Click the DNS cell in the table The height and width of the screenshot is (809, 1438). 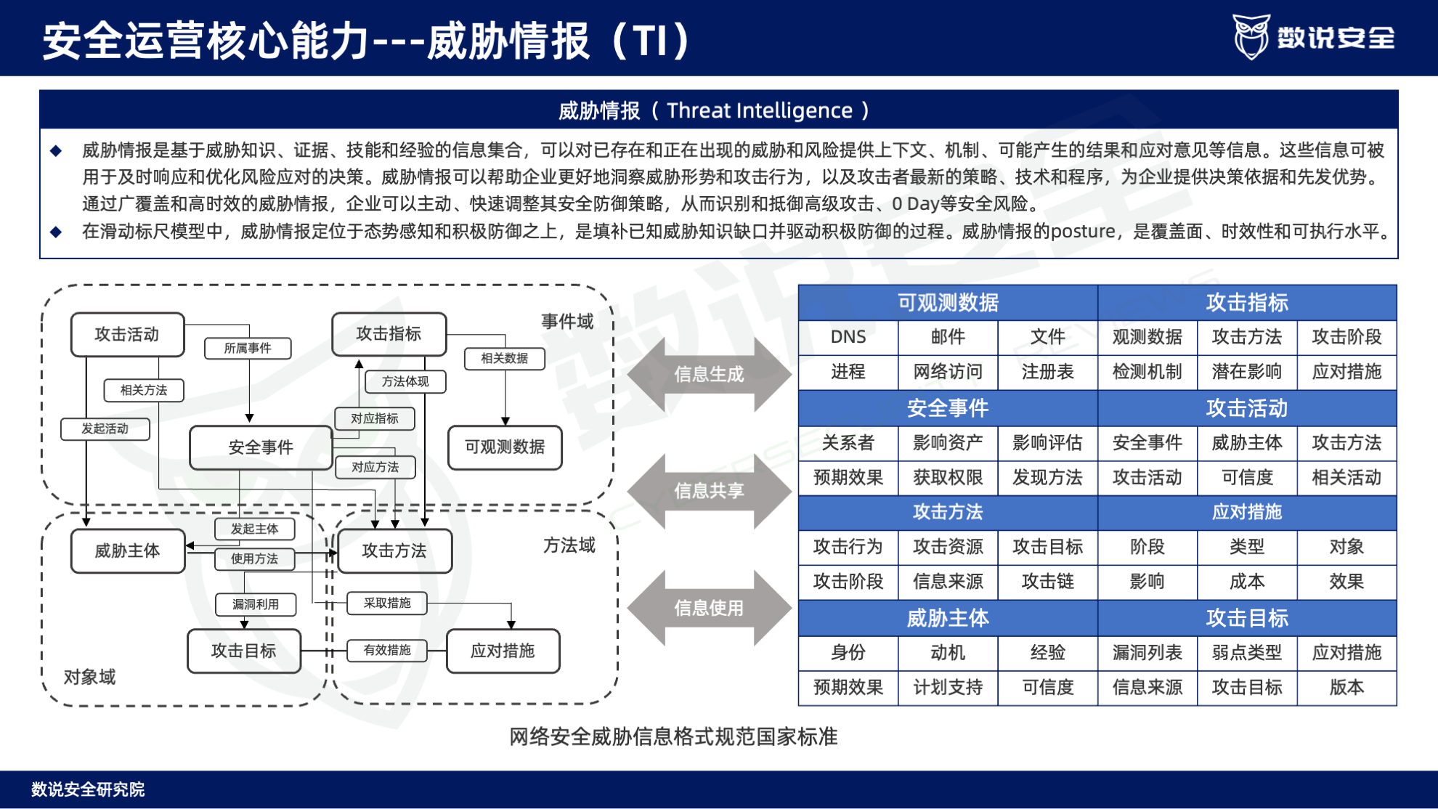[x=848, y=337]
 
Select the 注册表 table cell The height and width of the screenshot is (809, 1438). [x=1047, y=372]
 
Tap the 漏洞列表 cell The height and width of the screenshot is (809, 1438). [x=1147, y=652]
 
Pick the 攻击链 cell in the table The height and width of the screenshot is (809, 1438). [x=1047, y=581]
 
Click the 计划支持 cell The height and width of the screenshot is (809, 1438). [x=948, y=687]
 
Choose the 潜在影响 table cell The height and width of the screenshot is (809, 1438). [x=1246, y=372]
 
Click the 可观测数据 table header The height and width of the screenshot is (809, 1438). [x=948, y=302]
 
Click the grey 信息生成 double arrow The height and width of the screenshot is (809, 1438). [x=709, y=374]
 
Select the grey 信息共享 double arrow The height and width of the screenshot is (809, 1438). [x=709, y=491]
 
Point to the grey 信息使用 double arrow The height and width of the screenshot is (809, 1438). [x=709, y=608]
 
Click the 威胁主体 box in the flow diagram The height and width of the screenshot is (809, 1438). [x=128, y=551]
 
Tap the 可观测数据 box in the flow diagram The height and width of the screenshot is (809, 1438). [x=505, y=447]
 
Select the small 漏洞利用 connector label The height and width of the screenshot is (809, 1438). [x=256, y=604]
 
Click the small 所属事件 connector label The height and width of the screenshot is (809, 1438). [x=248, y=349]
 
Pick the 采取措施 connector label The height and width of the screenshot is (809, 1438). [x=387, y=603]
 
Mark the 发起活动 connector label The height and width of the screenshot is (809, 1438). [x=105, y=429]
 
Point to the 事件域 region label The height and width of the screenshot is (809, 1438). [x=567, y=322]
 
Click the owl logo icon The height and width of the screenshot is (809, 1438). [x=1251, y=36]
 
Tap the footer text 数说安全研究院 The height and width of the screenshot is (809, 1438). [x=88, y=789]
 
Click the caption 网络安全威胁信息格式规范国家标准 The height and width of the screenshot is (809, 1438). [x=673, y=737]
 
